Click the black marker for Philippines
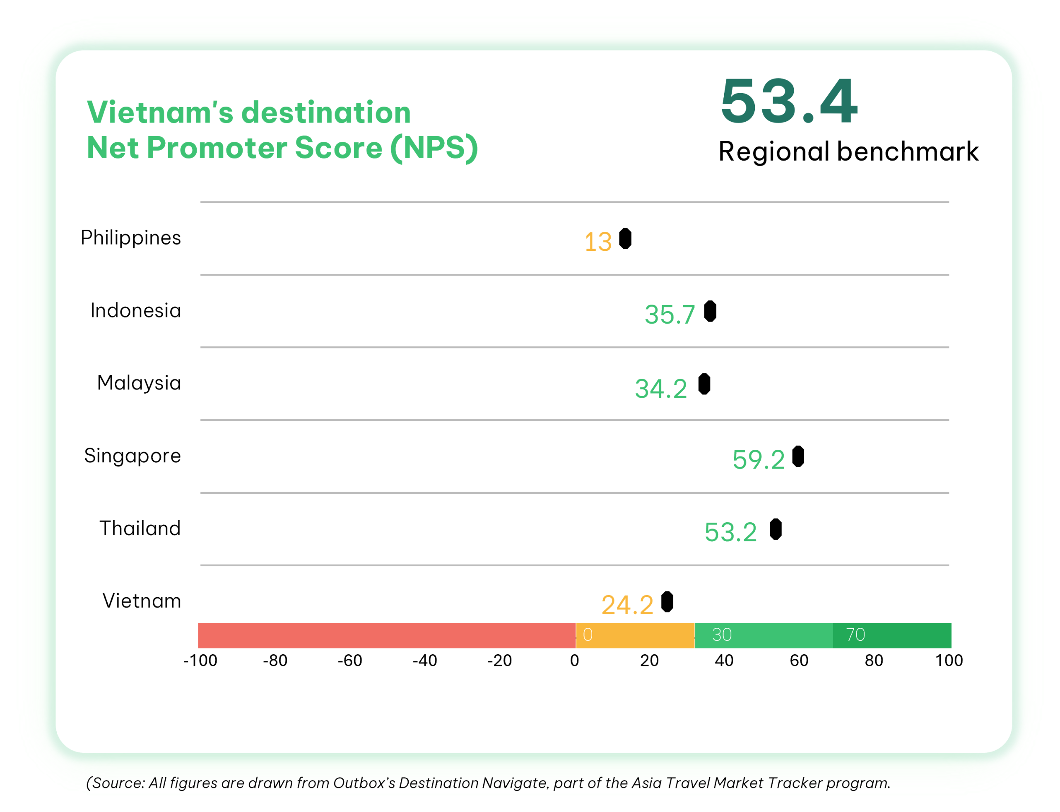pyautogui.click(x=625, y=239)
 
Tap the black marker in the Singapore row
pyautogui.click(x=798, y=457)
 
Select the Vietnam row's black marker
pyautogui.click(x=667, y=602)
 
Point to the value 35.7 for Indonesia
pyautogui.click(x=670, y=315)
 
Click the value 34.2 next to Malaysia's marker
pyautogui.click(x=660, y=389)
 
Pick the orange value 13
pyautogui.click(x=598, y=242)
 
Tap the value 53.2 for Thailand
pyautogui.click(x=730, y=532)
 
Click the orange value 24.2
pyautogui.click(x=627, y=605)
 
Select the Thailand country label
pyautogui.click(x=140, y=528)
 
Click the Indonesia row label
pyautogui.click(x=135, y=310)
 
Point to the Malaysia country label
pyautogui.click(x=139, y=383)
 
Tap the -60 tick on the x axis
pyautogui.click(x=349, y=660)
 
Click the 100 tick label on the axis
pyautogui.click(x=949, y=660)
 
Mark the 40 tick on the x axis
pyautogui.click(x=724, y=660)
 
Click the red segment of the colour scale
pyautogui.click(x=387, y=636)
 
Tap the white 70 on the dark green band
pyautogui.click(x=855, y=634)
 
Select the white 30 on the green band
pyautogui.click(x=721, y=634)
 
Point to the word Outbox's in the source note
pyautogui.click(x=364, y=783)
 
